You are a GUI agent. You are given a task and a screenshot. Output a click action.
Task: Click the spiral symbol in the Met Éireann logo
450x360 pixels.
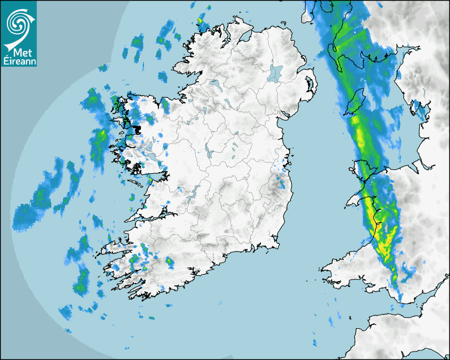(x=18, y=22)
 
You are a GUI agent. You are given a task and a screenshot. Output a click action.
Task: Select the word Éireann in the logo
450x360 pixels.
(x=19, y=62)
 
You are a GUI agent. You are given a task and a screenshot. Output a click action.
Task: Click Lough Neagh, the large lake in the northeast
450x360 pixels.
(x=275, y=73)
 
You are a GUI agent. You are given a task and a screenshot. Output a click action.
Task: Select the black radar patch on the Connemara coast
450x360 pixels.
(x=136, y=129)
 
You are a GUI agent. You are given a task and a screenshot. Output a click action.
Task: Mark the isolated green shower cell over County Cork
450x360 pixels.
(x=169, y=261)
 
